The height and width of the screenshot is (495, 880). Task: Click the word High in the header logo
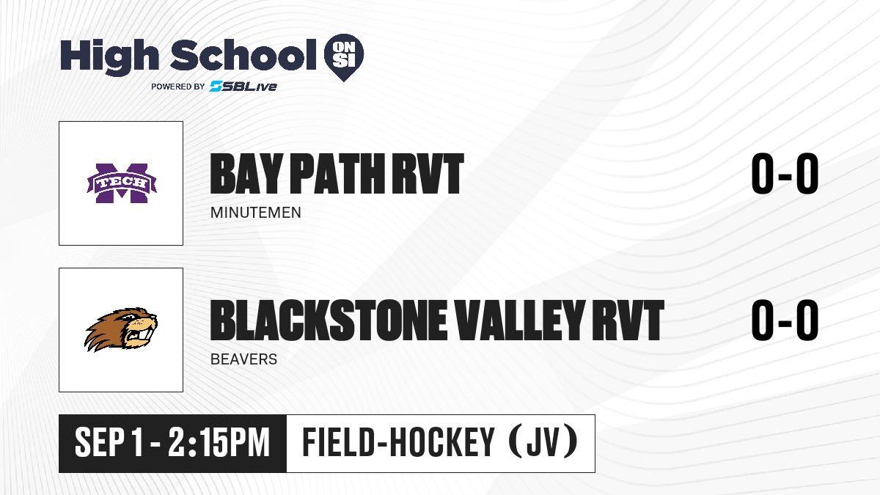point(109,56)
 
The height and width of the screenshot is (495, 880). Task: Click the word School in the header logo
point(243,55)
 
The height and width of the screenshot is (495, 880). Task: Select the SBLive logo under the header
point(243,86)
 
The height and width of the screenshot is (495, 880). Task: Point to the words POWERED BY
point(178,87)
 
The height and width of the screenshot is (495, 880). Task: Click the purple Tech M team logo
point(122,183)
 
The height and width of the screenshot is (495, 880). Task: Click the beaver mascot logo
point(121,329)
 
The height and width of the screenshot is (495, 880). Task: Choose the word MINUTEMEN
point(256,213)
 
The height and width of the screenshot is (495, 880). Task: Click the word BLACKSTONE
point(329,320)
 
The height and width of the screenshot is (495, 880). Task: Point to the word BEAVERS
point(244,359)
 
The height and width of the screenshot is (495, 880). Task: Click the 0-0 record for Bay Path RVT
point(785,174)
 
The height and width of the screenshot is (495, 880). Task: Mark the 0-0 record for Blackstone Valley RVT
point(785,320)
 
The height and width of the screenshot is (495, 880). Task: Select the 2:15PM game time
point(219,443)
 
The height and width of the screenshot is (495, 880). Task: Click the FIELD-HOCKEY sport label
point(398,443)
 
